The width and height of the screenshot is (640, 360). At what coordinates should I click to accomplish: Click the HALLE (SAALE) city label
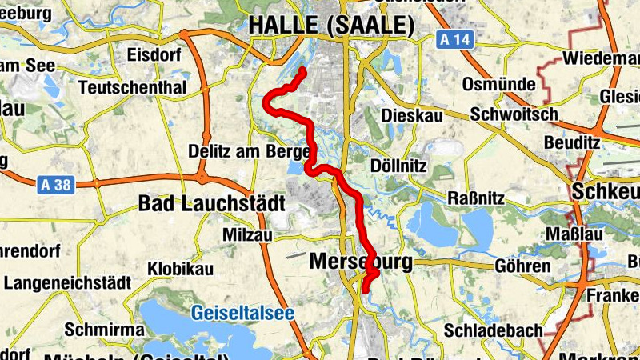click(x=331, y=26)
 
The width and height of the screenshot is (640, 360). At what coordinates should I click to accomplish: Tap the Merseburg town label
click(x=360, y=262)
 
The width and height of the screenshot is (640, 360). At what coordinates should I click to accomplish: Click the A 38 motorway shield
click(x=54, y=186)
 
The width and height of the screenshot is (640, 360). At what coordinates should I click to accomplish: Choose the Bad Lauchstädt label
click(x=211, y=203)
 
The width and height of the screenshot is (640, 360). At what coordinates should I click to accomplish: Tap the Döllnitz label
click(x=400, y=166)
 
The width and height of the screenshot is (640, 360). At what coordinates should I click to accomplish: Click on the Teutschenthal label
click(x=133, y=87)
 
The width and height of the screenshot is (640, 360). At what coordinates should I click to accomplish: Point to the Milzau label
click(x=248, y=235)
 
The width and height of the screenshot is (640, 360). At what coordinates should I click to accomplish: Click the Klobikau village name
click(x=180, y=269)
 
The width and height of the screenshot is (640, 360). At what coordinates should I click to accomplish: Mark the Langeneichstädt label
click(x=56, y=283)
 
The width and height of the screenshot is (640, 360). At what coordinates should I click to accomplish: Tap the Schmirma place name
click(x=104, y=330)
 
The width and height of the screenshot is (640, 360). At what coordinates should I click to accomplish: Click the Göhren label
click(x=522, y=266)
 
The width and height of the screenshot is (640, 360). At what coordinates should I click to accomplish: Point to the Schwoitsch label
click(x=514, y=114)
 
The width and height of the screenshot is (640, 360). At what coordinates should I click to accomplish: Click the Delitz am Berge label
click(x=248, y=150)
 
